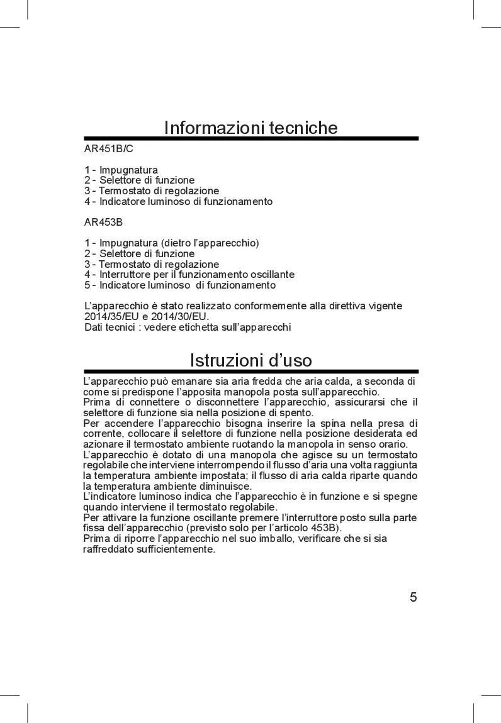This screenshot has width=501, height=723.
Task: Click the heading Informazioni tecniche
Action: point(250,128)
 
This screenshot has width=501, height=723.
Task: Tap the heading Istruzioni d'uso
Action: point(250,360)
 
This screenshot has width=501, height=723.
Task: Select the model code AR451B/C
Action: point(109,149)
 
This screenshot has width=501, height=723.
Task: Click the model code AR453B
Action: point(103,222)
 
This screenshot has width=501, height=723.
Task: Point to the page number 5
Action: point(413,597)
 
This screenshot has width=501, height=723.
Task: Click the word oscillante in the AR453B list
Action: point(271,275)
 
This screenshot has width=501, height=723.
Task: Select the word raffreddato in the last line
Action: point(108,549)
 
